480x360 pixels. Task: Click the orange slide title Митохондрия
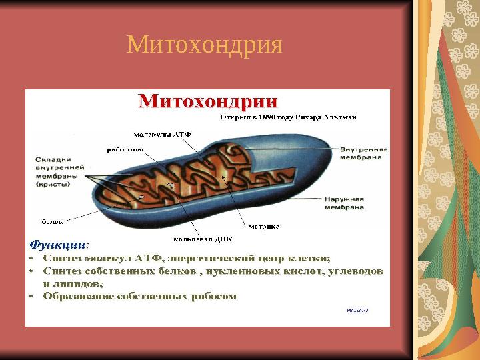(x=205, y=45)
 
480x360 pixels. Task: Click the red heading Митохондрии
(x=207, y=102)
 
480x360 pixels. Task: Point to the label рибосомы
(x=123, y=149)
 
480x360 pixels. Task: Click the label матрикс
(x=264, y=226)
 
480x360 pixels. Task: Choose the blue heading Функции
(x=57, y=244)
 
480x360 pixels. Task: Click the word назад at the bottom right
(x=357, y=309)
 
